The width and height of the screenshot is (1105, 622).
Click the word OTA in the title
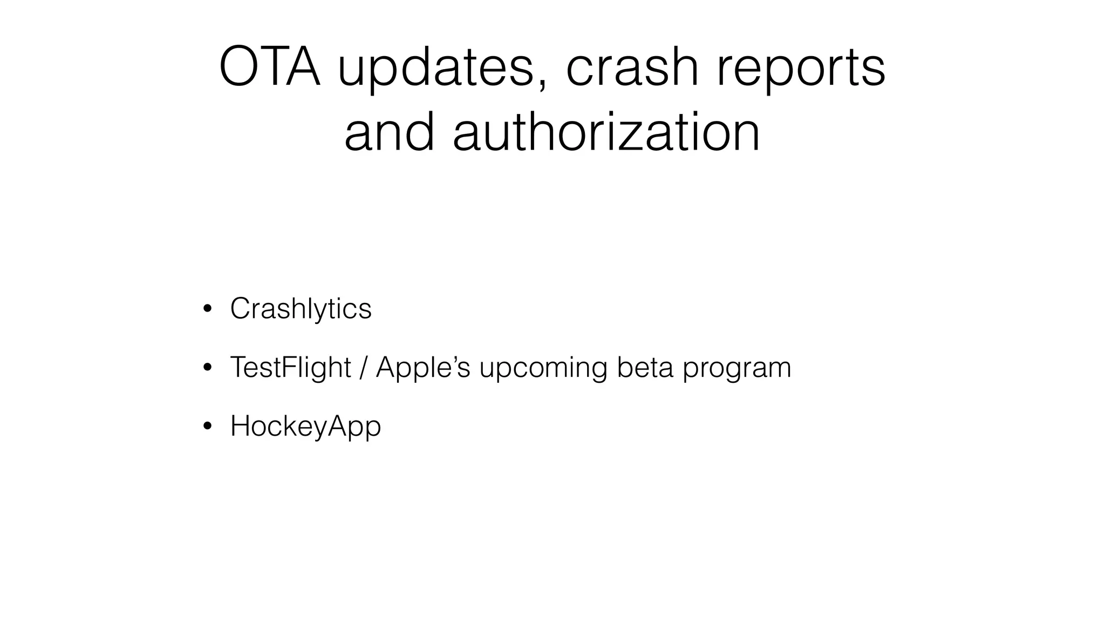[270, 67]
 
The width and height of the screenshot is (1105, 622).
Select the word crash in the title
[632, 67]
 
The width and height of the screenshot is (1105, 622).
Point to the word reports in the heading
[801, 70]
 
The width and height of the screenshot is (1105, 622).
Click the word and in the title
[389, 132]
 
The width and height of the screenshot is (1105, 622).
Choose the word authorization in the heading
[606, 132]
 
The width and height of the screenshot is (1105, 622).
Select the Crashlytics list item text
[301, 309]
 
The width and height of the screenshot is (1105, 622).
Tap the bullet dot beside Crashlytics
[207, 310]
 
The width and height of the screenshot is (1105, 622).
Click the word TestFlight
[290, 368]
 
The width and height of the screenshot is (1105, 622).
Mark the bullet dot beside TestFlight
[207, 369]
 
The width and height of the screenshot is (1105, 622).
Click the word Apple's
[422, 368]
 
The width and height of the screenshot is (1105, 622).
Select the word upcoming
[543, 369]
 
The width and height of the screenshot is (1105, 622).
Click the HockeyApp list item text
[305, 427]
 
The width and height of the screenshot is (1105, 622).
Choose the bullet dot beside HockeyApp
[207, 427]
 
